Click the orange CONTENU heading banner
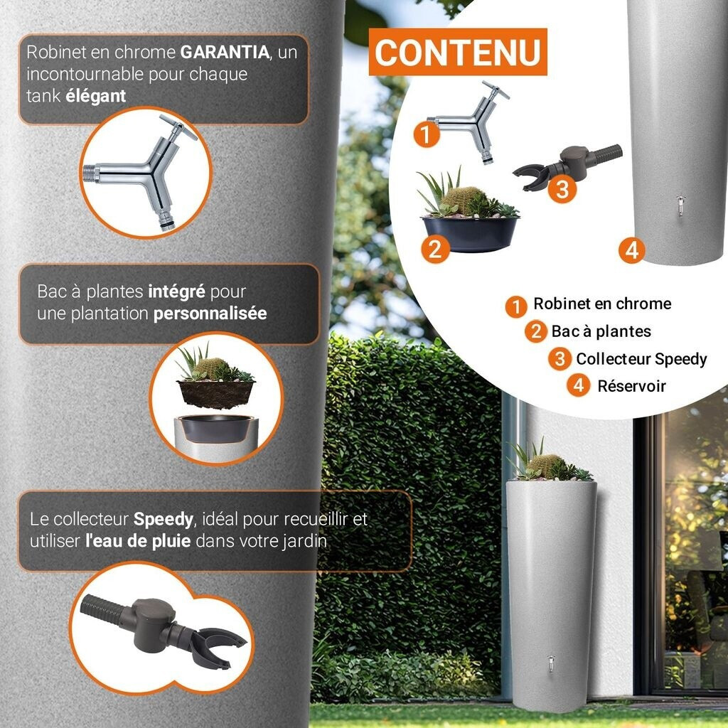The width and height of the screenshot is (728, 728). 459,52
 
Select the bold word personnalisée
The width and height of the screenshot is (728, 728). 210,313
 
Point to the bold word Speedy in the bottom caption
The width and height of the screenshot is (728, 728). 163,519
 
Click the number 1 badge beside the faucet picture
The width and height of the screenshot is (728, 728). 427,134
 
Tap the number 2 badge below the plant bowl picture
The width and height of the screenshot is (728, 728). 435,250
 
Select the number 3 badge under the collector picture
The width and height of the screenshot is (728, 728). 562,190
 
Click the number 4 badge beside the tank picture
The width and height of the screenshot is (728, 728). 631,250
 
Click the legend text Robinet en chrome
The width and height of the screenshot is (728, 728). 601,304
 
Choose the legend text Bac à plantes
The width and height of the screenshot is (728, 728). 601,331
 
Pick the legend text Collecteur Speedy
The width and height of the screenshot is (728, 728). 641,359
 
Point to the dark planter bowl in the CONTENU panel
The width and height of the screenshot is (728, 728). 471,232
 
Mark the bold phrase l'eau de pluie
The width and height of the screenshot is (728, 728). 137,540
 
